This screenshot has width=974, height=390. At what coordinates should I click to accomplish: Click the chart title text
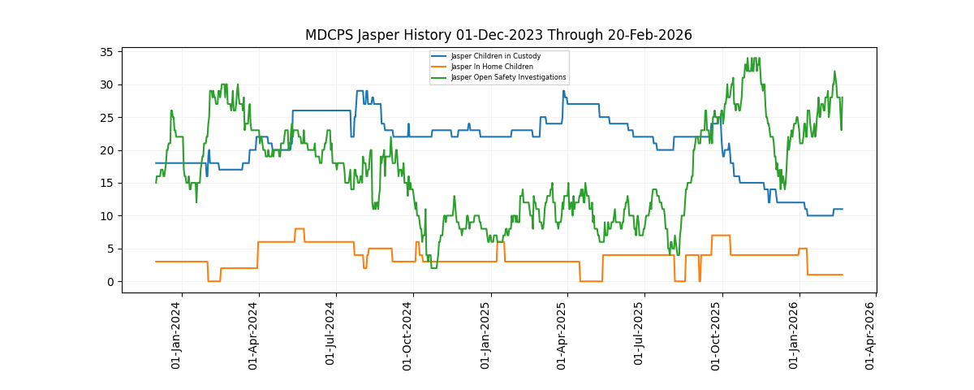[x=498, y=35]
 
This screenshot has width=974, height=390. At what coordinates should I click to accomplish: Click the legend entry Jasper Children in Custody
[x=495, y=56]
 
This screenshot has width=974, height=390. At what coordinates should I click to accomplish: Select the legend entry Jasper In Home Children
[x=492, y=67]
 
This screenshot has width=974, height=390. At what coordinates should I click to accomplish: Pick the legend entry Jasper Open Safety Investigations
[x=508, y=77]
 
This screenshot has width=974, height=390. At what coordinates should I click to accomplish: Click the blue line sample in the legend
[x=439, y=56]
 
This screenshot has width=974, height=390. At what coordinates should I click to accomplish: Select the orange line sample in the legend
[x=439, y=67]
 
